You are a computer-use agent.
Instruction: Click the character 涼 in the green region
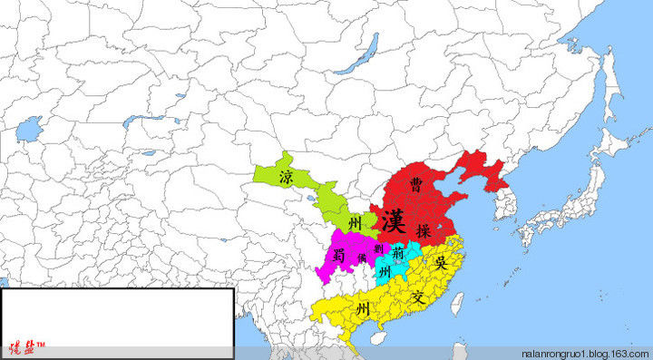(x=286, y=175)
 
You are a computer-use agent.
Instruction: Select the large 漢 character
(x=393, y=220)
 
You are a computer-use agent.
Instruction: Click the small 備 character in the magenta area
(x=361, y=260)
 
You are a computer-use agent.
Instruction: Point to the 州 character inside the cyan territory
(x=385, y=272)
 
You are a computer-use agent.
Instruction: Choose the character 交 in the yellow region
(x=417, y=296)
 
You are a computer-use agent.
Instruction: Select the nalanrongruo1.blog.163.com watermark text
(x=584, y=352)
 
